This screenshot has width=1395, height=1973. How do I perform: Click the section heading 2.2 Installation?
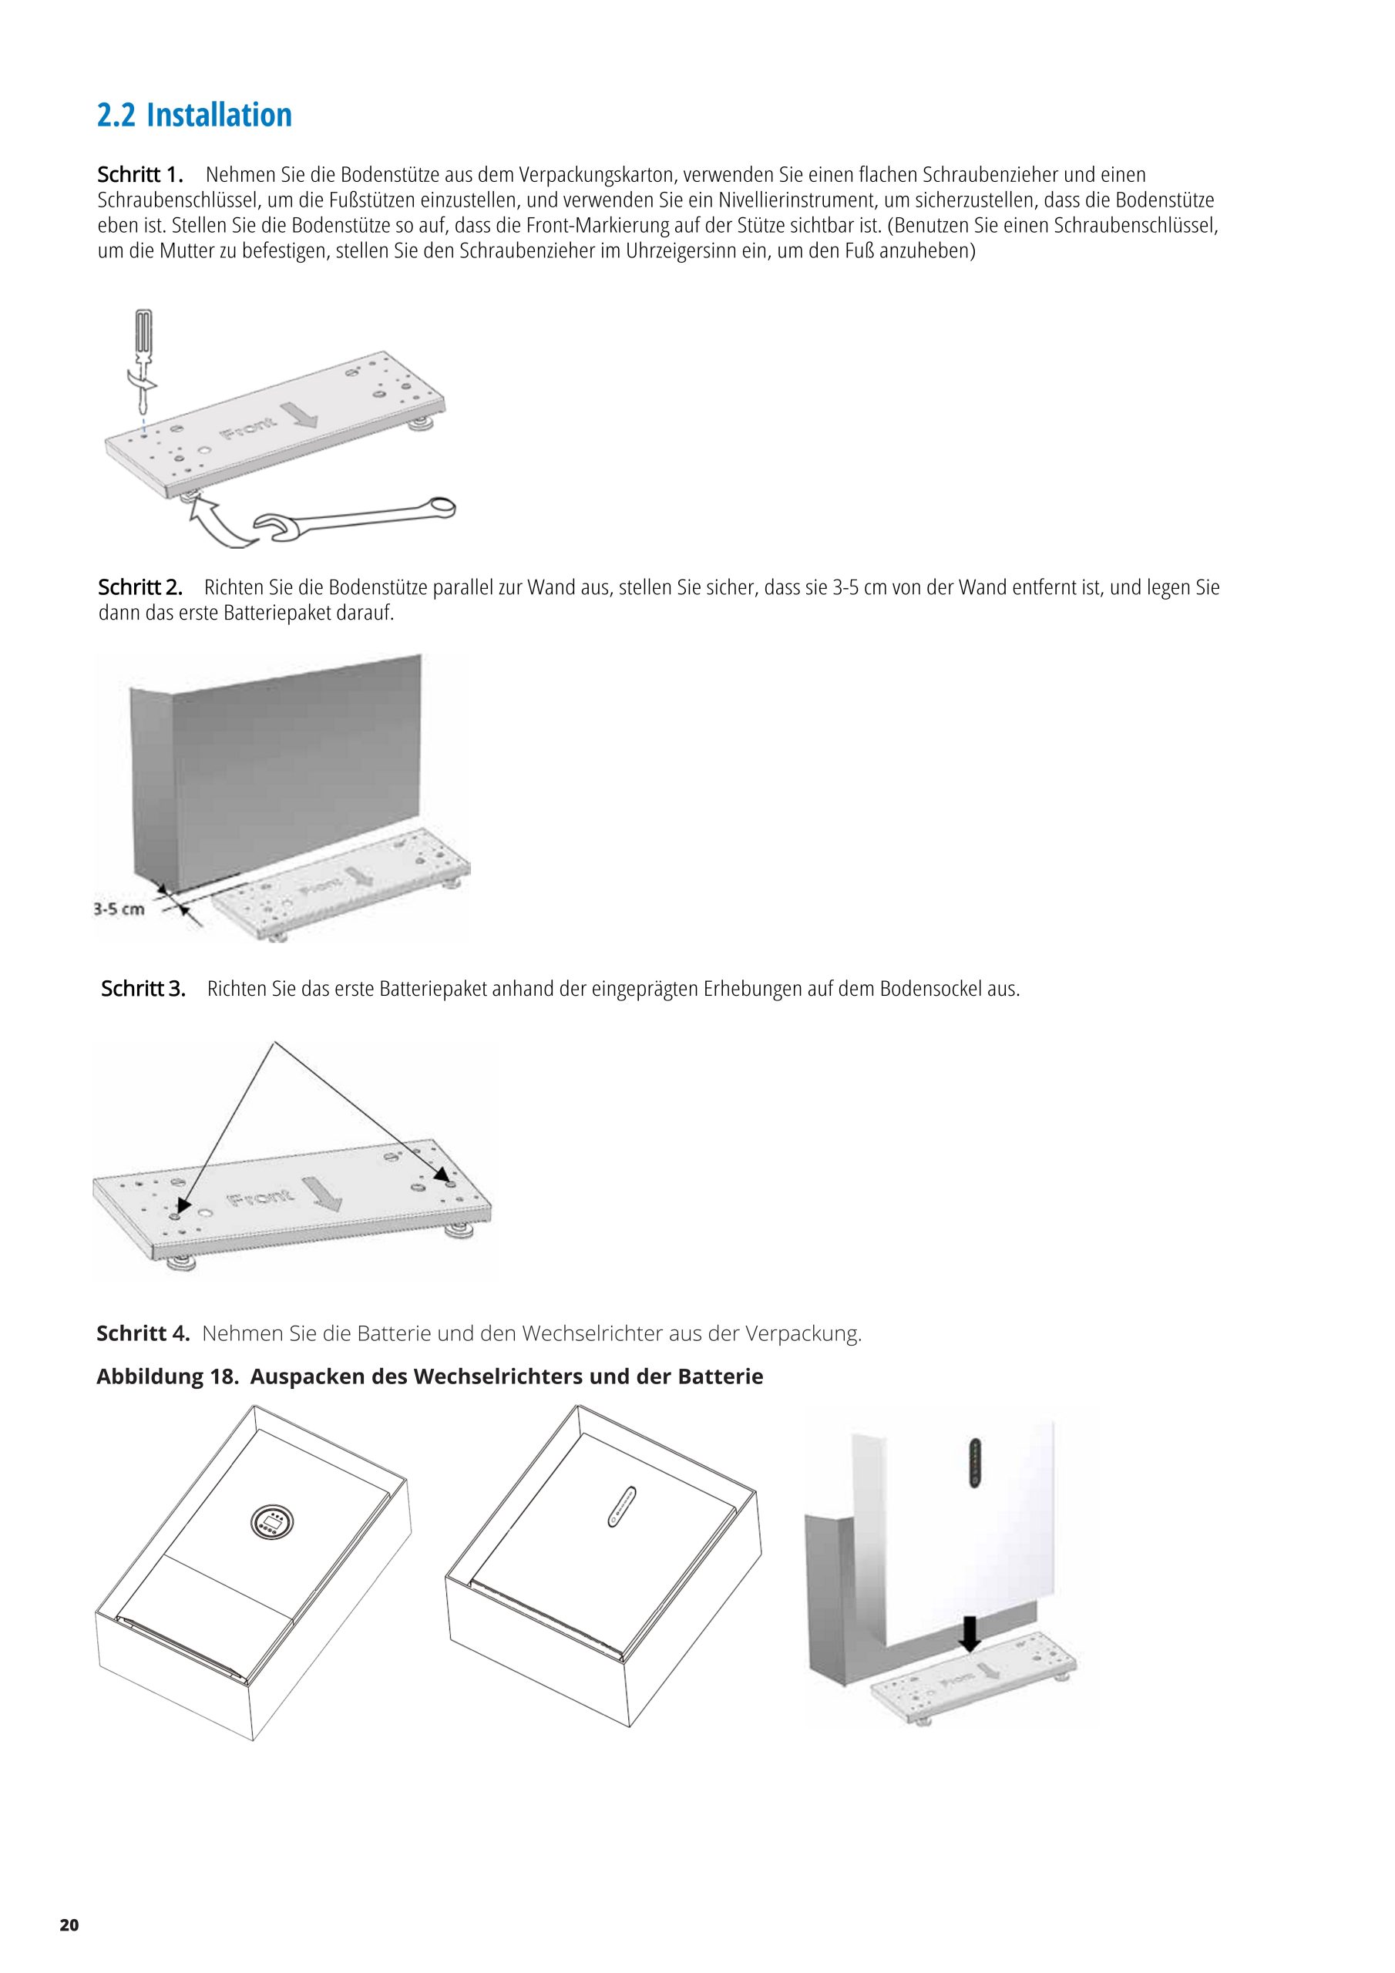click(194, 114)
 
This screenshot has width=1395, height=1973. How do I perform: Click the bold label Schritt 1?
click(140, 175)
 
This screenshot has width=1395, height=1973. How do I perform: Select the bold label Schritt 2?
click(140, 588)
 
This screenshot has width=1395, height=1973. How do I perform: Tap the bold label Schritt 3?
click(143, 988)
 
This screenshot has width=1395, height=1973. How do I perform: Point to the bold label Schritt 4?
click(143, 1333)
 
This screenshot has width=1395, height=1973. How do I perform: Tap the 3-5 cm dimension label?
click(119, 909)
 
